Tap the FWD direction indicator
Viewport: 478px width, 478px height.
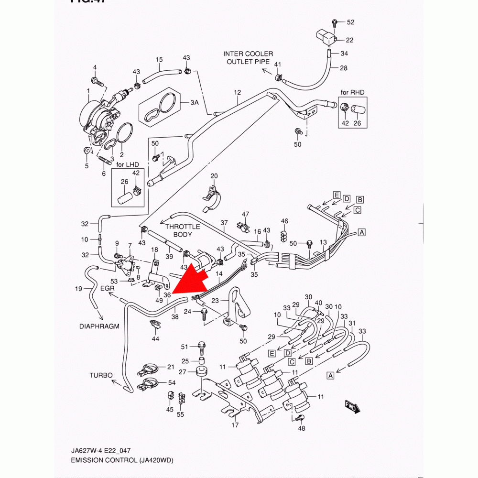coord(352,407)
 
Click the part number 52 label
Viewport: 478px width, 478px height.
coord(350,22)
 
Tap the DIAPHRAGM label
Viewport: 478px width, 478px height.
coord(99,326)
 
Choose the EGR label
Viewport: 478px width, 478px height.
coord(108,288)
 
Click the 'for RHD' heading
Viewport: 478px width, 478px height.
coord(352,92)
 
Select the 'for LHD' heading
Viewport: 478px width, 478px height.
coord(127,164)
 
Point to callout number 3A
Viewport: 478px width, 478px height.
coord(194,102)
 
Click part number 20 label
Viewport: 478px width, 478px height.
coord(214,176)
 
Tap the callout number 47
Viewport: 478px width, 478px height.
coord(246,214)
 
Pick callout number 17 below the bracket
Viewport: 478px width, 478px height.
coord(235,425)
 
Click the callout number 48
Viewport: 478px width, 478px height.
coord(301,428)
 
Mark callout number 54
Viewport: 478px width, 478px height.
coord(172,383)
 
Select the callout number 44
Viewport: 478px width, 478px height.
coord(155,338)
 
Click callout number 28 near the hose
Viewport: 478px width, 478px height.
coord(344,68)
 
